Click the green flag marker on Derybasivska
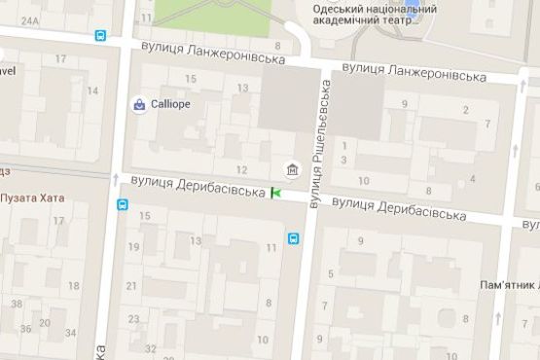click(x=275, y=194)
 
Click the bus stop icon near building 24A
click(x=101, y=35)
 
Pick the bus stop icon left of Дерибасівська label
click(x=123, y=204)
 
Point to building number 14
click(x=93, y=91)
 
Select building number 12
click(x=230, y=143)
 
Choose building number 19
click(x=133, y=247)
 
